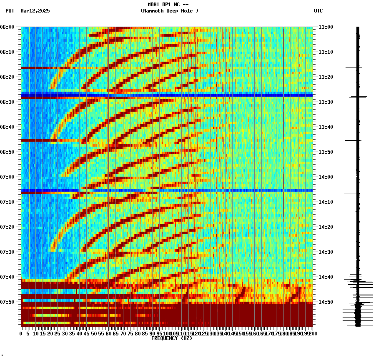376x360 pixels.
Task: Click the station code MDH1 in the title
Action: [153, 5]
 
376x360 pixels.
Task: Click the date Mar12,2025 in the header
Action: [35, 11]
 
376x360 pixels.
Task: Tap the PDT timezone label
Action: [10, 11]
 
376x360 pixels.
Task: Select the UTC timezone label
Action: [318, 11]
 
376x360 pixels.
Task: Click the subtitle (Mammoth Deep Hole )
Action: [169, 11]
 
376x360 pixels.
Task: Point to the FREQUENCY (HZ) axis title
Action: [171, 338]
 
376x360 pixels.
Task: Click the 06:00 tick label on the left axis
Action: [7, 27]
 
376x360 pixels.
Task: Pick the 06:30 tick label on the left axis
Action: [7, 102]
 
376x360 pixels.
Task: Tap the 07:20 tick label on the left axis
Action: [7, 227]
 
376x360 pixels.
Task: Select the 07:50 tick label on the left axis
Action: [7, 302]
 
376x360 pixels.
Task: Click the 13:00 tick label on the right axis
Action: [326, 27]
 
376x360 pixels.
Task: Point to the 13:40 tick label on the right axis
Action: [326, 127]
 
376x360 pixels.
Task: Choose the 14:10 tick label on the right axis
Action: [326, 202]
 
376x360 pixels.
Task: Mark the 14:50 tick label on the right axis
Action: [326, 302]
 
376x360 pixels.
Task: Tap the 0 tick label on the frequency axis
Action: [21, 334]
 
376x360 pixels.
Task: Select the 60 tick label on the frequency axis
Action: [108, 334]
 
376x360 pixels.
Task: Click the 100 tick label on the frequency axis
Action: [166, 334]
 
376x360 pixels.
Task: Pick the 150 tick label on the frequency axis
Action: [239, 334]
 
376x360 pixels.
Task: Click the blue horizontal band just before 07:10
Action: [167, 190]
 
